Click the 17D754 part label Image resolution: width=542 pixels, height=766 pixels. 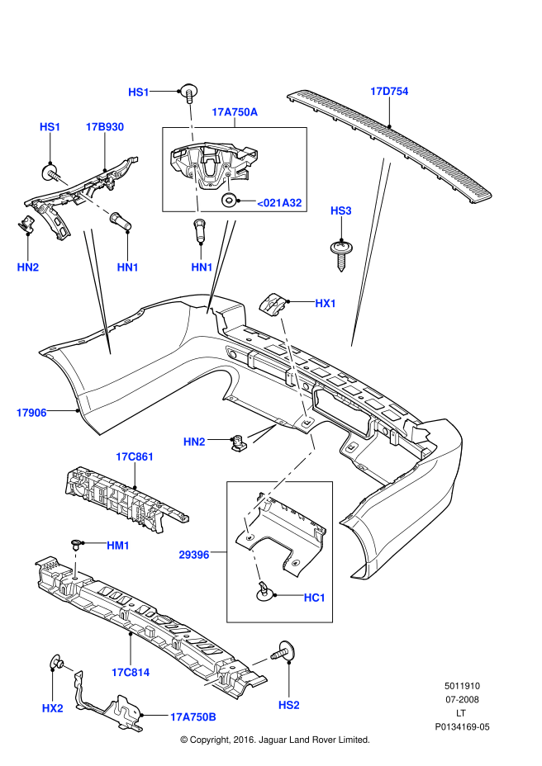click(x=389, y=92)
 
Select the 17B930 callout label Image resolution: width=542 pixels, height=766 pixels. click(x=105, y=127)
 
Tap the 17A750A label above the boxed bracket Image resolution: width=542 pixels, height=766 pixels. click(x=235, y=111)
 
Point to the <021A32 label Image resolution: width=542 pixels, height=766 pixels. click(x=279, y=202)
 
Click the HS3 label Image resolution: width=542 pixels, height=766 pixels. click(x=340, y=211)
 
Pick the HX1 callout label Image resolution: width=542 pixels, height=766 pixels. click(x=326, y=304)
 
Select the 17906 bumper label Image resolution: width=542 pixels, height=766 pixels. click(x=31, y=412)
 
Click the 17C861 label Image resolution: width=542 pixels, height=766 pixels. click(x=135, y=456)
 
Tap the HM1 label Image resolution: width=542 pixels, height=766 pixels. click(x=118, y=546)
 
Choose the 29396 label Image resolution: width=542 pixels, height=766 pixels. click(x=193, y=556)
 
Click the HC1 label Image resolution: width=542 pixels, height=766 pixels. click(x=315, y=597)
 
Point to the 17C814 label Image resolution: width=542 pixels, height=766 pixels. click(x=131, y=672)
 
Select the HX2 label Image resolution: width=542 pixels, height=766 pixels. click(x=52, y=707)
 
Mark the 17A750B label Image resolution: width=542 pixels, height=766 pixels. click(x=193, y=717)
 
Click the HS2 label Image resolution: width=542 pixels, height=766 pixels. click(x=288, y=704)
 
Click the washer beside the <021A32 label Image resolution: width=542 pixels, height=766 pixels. click(x=229, y=201)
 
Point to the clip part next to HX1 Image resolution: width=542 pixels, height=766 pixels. click(x=273, y=303)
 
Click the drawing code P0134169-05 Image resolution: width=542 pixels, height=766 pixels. click(x=462, y=727)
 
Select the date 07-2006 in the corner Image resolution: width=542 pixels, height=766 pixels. click(x=462, y=700)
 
